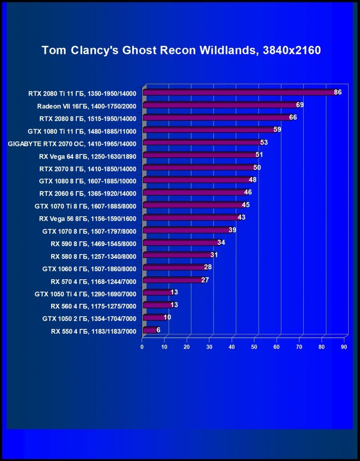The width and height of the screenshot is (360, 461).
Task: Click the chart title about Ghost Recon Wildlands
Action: coord(181,50)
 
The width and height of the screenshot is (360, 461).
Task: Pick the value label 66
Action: coord(293,117)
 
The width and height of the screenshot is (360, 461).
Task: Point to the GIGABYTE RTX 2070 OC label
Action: coord(72,142)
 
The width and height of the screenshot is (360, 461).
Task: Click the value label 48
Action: coord(252,180)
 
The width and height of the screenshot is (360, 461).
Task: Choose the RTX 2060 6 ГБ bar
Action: coord(194,193)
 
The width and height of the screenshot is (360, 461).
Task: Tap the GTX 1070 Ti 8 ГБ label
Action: coord(86,206)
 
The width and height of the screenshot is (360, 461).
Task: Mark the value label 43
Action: coord(241,218)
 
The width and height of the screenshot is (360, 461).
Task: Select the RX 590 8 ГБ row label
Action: coord(93,244)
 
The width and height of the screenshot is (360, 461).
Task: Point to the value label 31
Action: coord(214,255)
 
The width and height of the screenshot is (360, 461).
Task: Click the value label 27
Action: coord(205,280)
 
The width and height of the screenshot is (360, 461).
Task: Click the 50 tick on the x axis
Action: coord(254,347)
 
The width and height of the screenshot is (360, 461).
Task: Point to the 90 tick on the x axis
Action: coord(344,347)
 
